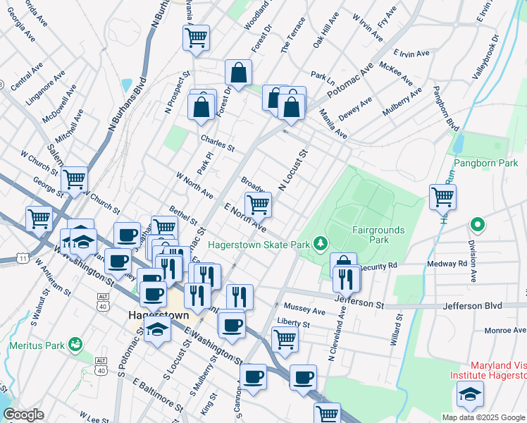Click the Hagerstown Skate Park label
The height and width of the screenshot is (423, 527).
259,244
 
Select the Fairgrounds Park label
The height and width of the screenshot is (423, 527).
370,235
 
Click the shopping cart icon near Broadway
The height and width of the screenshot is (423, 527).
259,204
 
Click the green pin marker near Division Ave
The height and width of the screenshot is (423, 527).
478,226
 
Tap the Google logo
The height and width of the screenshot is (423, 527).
23,415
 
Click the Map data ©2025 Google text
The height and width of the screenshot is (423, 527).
483,417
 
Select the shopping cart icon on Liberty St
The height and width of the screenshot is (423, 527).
285,338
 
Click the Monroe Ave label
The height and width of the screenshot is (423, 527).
505,330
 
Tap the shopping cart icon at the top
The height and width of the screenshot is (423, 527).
197,38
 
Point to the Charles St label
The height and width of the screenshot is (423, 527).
217,143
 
